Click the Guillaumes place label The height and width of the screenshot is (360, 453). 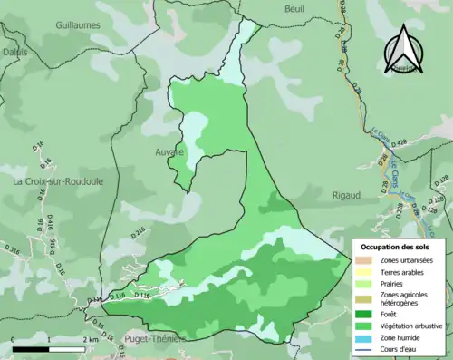point(77,27)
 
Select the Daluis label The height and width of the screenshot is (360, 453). point(14,53)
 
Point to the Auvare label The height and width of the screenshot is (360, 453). point(169,151)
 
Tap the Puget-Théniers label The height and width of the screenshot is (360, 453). point(151,338)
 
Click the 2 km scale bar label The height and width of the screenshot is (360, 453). point(88,339)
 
